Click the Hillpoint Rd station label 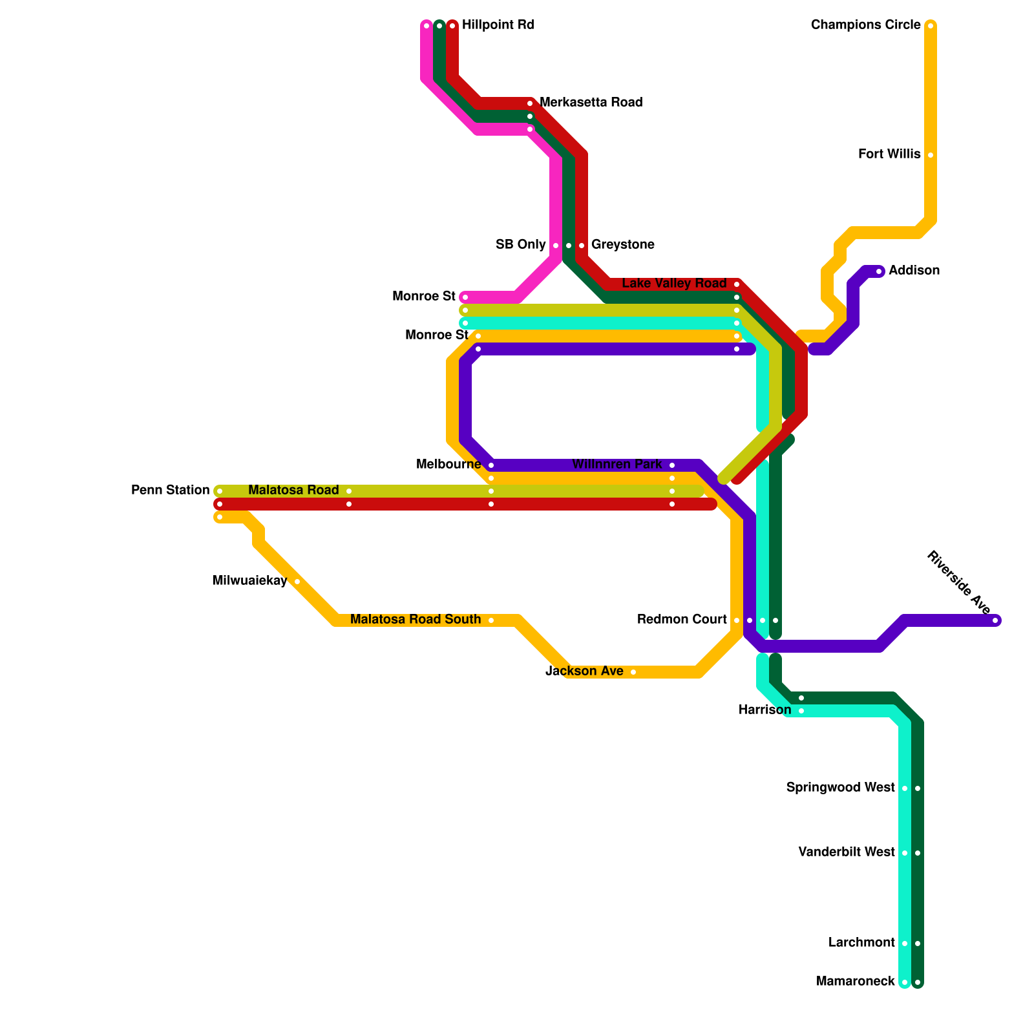(x=498, y=25)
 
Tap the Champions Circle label (x=865, y=25)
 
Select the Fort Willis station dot (x=931, y=155)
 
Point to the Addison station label (x=914, y=271)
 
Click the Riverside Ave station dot (x=996, y=621)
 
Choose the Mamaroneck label (x=855, y=982)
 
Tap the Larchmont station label (x=861, y=943)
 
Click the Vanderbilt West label (x=847, y=852)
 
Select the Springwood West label (x=840, y=788)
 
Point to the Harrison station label (x=765, y=710)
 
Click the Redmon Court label (x=682, y=620)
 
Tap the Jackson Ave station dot (x=633, y=672)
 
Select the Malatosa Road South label (x=416, y=620)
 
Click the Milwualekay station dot (x=297, y=582)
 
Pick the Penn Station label (x=170, y=491)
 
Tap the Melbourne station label (x=448, y=465)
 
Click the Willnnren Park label (x=617, y=465)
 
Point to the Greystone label (x=622, y=245)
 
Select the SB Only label (x=520, y=245)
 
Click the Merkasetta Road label (x=591, y=103)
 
